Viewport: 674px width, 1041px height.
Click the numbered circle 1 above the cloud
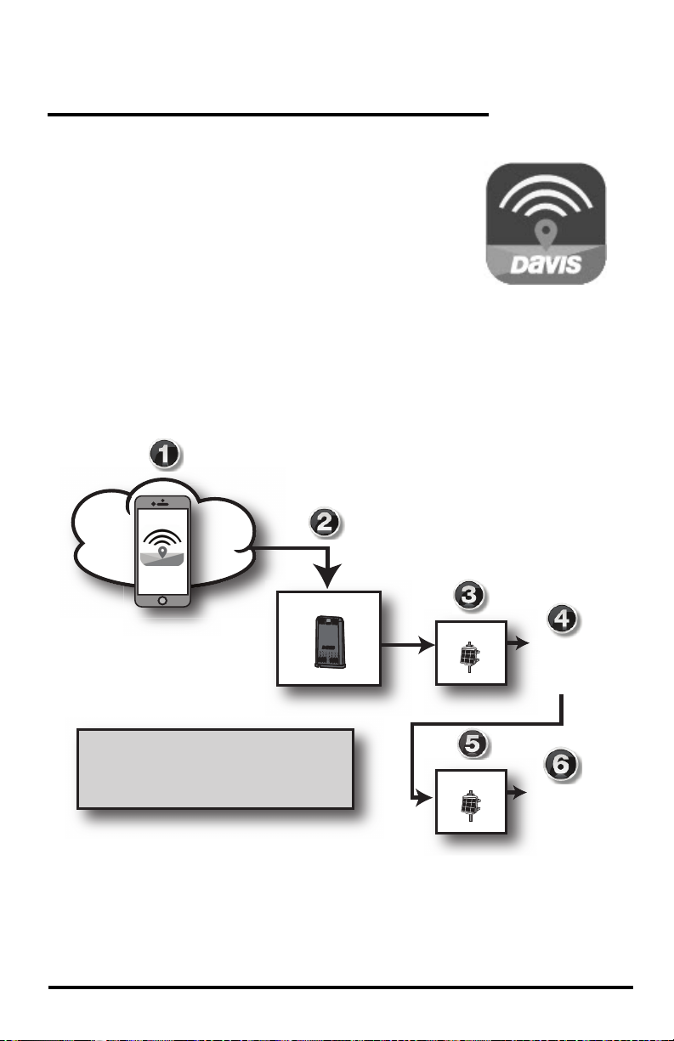point(166,456)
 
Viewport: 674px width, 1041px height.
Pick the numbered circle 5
point(473,744)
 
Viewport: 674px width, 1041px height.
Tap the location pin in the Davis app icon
point(546,231)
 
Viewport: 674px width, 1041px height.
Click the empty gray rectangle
point(215,767)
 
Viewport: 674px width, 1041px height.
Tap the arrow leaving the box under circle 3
point(516,645)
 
